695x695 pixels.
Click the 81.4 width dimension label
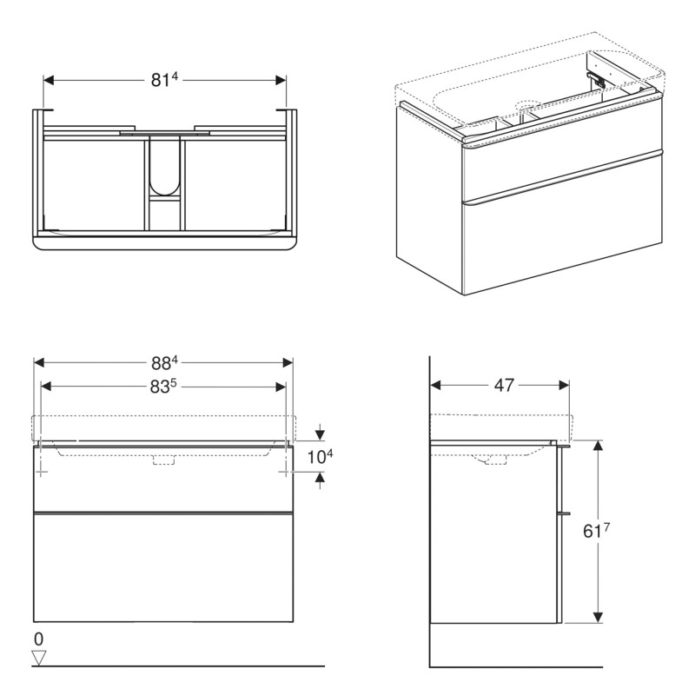(x=164, y=80)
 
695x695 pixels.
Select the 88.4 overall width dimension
(x=164, y=362)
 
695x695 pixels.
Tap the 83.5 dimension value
(x=164, y=387)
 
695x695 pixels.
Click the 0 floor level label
(x=38, y=639)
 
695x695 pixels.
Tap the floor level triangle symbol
(x=38, y=658)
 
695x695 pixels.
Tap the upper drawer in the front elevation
(x=164, y=482)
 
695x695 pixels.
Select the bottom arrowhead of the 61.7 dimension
(x=598, y=617)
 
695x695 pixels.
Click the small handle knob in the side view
(x=566, y=513)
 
